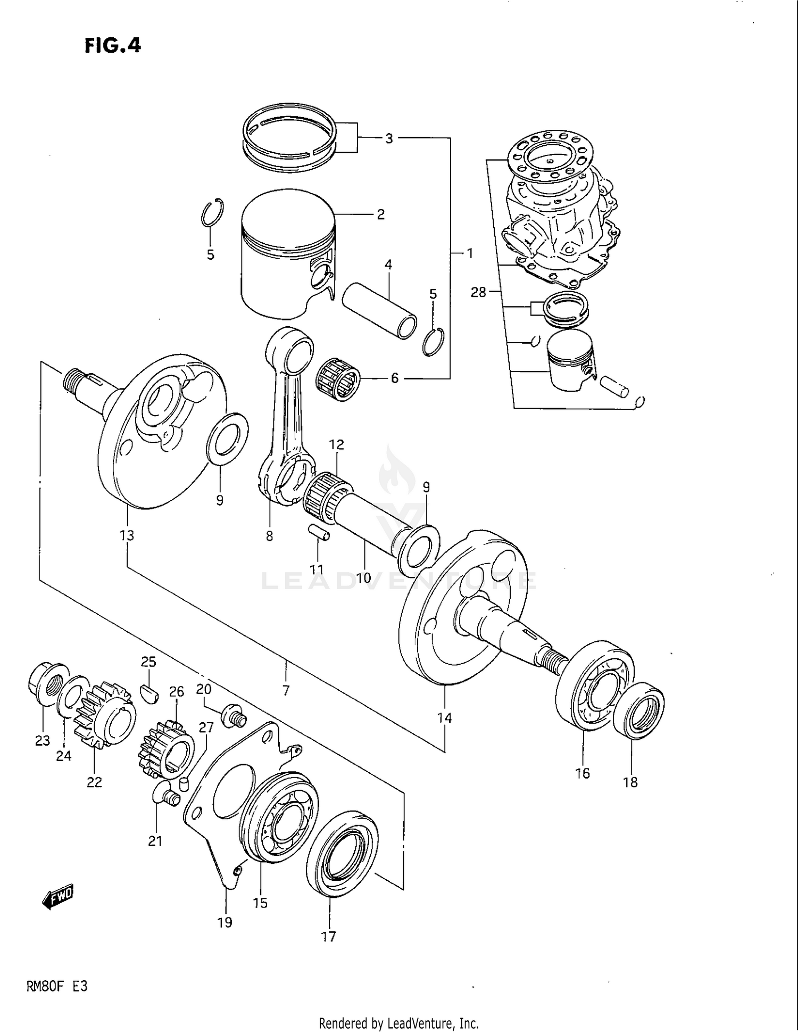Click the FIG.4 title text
113,46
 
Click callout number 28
478,292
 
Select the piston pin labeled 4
379,311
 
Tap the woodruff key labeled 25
148,694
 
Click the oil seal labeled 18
638,710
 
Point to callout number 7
286,690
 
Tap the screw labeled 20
234,716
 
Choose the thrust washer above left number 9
228,437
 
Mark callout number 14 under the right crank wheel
444,718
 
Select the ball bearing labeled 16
595,685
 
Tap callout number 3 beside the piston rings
389,138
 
